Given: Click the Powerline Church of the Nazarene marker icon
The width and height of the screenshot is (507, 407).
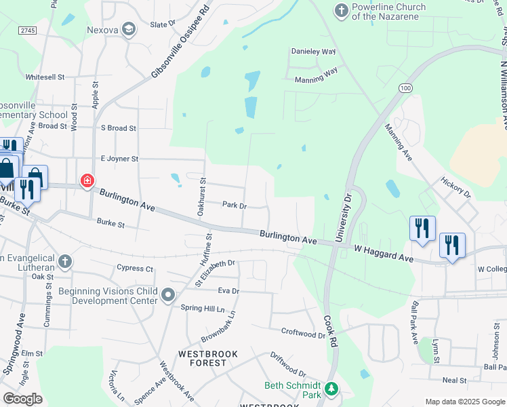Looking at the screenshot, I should pos(340,10).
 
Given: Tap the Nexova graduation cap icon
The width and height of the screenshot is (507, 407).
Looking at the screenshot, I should pos(129,29).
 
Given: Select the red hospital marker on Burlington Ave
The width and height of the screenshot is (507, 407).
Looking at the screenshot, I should pos(87,181).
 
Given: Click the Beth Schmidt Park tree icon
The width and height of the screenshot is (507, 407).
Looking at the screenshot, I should pos(331,389).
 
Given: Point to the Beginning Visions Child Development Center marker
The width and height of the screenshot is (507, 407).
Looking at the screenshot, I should pos(168,295).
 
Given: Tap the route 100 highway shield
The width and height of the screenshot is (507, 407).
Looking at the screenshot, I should pos(405,88).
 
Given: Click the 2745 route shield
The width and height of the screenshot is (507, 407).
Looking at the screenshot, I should pos(27,31).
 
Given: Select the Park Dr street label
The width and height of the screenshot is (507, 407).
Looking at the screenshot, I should pos(234,205).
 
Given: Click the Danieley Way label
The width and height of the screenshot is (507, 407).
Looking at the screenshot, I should pos(313,52).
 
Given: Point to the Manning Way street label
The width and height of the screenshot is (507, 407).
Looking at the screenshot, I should pos(316,79).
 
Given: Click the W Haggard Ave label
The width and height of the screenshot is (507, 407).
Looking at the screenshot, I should pos(384,253).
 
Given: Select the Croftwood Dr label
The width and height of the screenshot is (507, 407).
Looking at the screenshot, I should pos(303,333).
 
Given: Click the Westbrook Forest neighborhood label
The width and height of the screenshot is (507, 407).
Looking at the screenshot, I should pos(203,358).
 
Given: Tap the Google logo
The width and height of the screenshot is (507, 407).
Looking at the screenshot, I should pos(22,399).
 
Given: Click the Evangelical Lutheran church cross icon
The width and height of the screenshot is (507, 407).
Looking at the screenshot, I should pos(64,261).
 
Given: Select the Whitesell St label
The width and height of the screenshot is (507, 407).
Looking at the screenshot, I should pos(45,77).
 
